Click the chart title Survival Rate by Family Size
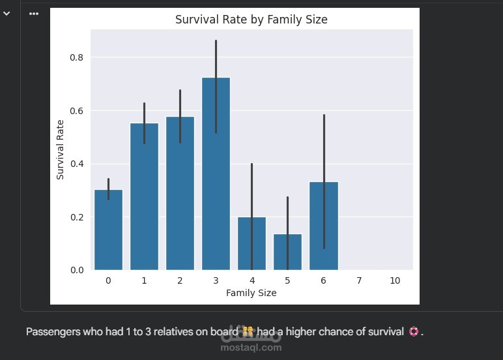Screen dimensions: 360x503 click(x=251, y=20)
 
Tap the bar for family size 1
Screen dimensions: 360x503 click(x=144, y=196)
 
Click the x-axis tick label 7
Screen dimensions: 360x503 click(x=359, y=280)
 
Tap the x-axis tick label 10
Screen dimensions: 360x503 click(x=395, y=280)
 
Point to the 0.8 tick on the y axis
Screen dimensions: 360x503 click(x=77, y=57)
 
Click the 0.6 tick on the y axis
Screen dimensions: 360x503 click(x=77, y=111)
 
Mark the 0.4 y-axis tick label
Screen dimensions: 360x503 click(x=77, y=164)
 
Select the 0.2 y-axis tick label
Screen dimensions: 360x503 click(x=77, y=217)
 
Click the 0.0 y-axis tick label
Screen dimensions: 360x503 click(x=77, y=270)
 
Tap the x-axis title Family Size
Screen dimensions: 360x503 click(x=251, y=293)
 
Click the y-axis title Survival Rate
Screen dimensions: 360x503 click(x=60, y=150)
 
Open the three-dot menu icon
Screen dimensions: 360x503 click(x=34, y=14)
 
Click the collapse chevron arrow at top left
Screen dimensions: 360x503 click(x=7, y=13)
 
